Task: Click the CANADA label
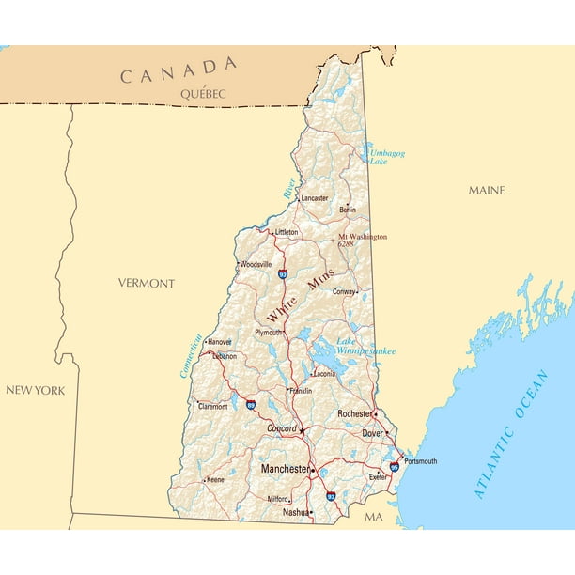(178, 70)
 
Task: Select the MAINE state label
(487, 191)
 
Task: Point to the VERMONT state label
(146, 283)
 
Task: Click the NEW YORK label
(36, 390)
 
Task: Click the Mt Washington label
(362, 238)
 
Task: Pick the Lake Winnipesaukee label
(365, 346)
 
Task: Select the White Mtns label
(300, 295)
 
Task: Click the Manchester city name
(285, 469)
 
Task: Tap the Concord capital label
(281, 428)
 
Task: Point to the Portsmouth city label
(420, 461)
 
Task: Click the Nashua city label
(295, 513)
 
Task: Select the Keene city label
(215, 480)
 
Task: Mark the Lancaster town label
(315, 198)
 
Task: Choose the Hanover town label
(220, 342)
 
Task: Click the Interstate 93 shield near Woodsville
(282, 274)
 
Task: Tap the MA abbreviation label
(374, 518)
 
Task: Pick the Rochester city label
(355, 413)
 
